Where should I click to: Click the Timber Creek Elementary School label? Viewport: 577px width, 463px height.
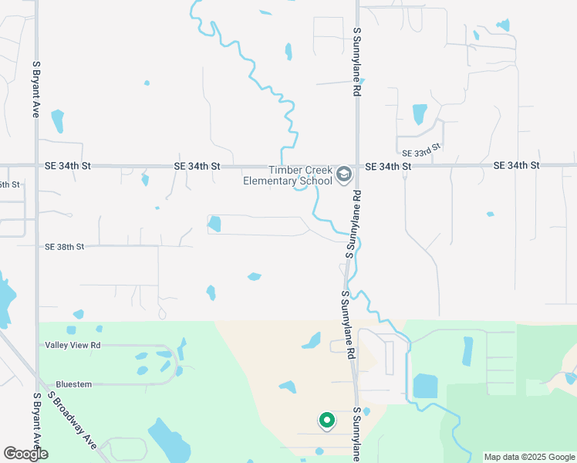point(299,176)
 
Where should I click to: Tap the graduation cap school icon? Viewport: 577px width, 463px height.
point(344,176)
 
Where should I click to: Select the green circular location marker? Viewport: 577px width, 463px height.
point(327,421)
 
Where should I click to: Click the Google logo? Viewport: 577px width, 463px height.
point(25,454)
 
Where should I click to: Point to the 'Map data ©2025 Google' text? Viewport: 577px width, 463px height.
point(528,457)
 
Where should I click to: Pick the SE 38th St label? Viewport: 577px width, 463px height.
point(64,247)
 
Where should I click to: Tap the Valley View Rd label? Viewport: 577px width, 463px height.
point(73,345)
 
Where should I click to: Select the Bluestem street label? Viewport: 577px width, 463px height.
point(74,384)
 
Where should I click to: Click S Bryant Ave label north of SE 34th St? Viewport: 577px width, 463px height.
point(35,89)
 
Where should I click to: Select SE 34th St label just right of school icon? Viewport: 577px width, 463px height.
point(383,166)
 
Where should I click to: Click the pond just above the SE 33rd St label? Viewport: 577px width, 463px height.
point(420,114)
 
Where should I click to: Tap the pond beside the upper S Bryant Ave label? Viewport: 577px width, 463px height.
point(57,120)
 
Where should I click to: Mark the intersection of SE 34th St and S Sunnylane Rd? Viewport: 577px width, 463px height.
point(357,165)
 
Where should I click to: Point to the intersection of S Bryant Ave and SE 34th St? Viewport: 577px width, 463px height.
point(35,165)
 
